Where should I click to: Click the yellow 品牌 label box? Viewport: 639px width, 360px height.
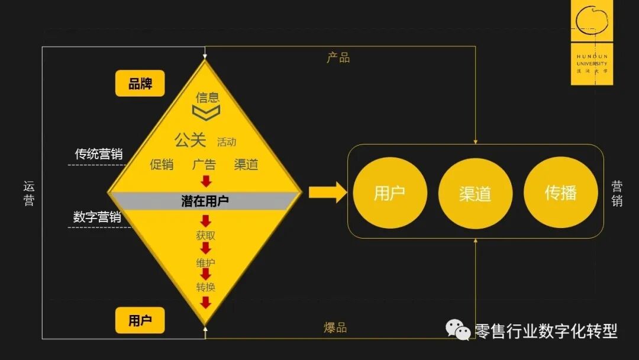(x=140, y=83)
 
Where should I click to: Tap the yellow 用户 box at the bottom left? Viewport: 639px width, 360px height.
(x=140, y=320)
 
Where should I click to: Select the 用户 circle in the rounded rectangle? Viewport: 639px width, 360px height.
(x=389, y=194)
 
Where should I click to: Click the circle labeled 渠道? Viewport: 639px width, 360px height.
(x=475, y=194)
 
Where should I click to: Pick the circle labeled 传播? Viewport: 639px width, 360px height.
(x=560, y=194)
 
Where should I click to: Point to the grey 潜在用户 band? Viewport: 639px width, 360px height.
(x=205, y=201)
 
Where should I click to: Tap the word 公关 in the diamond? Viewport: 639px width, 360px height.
(x=190, y=140)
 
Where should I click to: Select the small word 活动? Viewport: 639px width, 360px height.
(x=226, y=142)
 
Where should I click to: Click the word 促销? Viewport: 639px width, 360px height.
(x=162, y=165)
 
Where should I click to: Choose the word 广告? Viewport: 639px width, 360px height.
(x=204, y=165)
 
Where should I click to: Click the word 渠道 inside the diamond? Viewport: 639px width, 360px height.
(x=246, y=165)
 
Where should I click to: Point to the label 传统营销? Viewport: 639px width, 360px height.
(x=98, y=154)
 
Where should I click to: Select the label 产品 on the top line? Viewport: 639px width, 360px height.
(x=338, y=57)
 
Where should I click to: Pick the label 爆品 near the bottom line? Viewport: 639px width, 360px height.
(x=335, y=327)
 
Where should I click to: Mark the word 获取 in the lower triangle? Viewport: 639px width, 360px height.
(x=205, y=235)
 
